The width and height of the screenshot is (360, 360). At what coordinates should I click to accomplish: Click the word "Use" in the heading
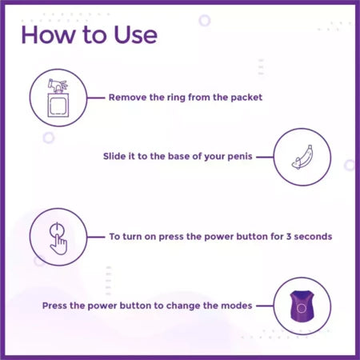[136, 34]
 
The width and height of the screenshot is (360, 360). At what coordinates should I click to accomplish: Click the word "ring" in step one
[176, 98]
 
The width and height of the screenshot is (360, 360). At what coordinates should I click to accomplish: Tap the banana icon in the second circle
[302, 158]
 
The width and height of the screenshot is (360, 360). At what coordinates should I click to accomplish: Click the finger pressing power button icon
[58, 238]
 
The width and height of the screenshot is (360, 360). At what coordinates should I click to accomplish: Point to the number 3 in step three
[289, 237]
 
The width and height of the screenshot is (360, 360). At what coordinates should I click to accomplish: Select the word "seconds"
[313, 237]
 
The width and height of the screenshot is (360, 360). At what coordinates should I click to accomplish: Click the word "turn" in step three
[132, 237]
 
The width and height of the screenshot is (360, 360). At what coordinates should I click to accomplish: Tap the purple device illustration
[302, 306]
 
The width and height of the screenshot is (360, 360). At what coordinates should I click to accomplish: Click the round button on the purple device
[302, 309]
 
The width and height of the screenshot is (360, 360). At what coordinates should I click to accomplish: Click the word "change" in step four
[183, 306]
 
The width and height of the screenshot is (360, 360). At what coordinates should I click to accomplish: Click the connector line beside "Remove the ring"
[96, 98]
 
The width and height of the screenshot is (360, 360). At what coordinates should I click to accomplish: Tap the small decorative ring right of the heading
[205, 21]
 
